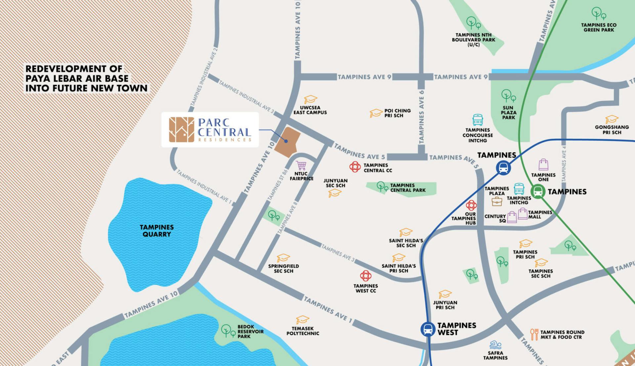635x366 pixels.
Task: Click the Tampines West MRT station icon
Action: pos(428,329)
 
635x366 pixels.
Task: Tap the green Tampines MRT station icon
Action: pos(538,192)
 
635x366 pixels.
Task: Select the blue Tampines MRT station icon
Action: pos(503,168)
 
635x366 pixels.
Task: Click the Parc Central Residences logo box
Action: pos(210,129)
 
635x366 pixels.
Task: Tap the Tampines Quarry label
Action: pos(156,231)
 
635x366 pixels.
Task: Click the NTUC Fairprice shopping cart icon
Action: pos(301,165)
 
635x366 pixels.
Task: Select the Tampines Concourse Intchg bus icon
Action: pos(478,120)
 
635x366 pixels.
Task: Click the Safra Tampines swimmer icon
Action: pos(495,345)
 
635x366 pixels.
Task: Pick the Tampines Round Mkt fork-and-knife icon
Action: pos(534,334)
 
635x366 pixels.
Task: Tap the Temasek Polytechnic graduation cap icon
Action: pos(302,320)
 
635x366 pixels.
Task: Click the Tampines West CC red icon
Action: pos(365,276)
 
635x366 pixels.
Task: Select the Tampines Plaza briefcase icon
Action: pos(497,201)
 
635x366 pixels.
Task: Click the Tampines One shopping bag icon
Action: pos(543,165)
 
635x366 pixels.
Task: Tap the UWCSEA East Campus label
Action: pos(310,110)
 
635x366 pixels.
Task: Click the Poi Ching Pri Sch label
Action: pos(397,113)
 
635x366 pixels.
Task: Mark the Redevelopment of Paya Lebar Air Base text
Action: pos(86,79)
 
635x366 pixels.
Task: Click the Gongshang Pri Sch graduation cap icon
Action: pos(612,119)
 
